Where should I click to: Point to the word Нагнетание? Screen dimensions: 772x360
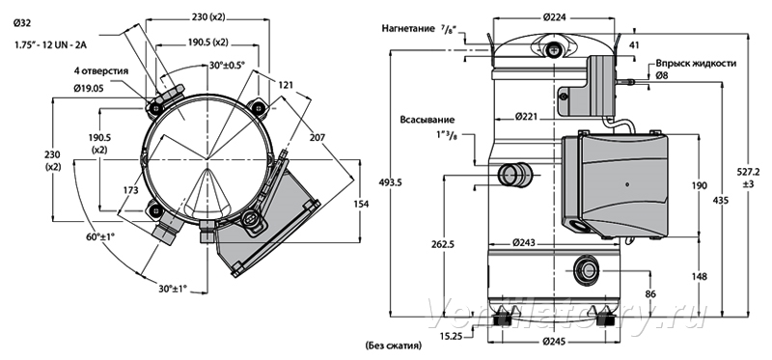408,28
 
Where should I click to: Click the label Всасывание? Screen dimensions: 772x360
427,120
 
